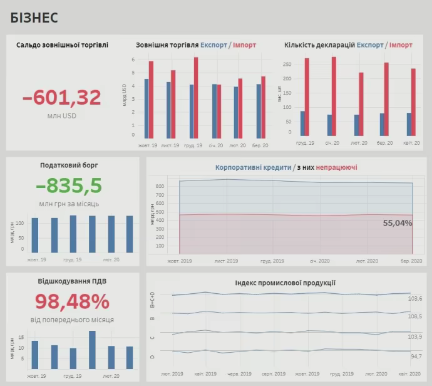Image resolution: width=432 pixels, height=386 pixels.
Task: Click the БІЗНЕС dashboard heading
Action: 34,18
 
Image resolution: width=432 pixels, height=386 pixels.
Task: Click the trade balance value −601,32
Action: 62,98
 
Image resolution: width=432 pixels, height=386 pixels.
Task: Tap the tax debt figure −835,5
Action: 69,185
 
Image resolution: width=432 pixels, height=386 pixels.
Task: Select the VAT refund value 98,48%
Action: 72,301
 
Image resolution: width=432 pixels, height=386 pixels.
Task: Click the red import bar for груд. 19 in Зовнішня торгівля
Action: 196,98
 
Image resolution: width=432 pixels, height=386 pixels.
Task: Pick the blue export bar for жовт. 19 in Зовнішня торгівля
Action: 147,108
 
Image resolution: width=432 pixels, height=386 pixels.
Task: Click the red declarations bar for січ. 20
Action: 334,96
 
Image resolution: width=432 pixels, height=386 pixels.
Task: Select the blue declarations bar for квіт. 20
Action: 409,124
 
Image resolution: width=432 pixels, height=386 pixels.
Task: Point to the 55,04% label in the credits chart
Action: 398,223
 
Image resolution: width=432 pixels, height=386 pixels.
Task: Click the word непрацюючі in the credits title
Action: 337,168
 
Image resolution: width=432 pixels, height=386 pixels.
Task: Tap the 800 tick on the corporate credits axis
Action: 160,186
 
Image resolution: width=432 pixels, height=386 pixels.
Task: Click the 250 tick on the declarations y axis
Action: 287,65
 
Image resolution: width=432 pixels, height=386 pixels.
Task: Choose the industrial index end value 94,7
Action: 415,356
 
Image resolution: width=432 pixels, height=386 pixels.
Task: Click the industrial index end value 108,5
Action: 415,316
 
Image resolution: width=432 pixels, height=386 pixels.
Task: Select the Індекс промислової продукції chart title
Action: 285,283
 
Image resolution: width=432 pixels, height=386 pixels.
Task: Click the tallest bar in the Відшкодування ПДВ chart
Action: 92,350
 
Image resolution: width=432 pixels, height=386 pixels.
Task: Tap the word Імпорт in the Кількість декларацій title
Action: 400,45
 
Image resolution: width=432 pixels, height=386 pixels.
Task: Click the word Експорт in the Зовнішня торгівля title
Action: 213,45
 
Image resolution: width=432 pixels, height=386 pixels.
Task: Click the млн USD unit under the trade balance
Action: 62,116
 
